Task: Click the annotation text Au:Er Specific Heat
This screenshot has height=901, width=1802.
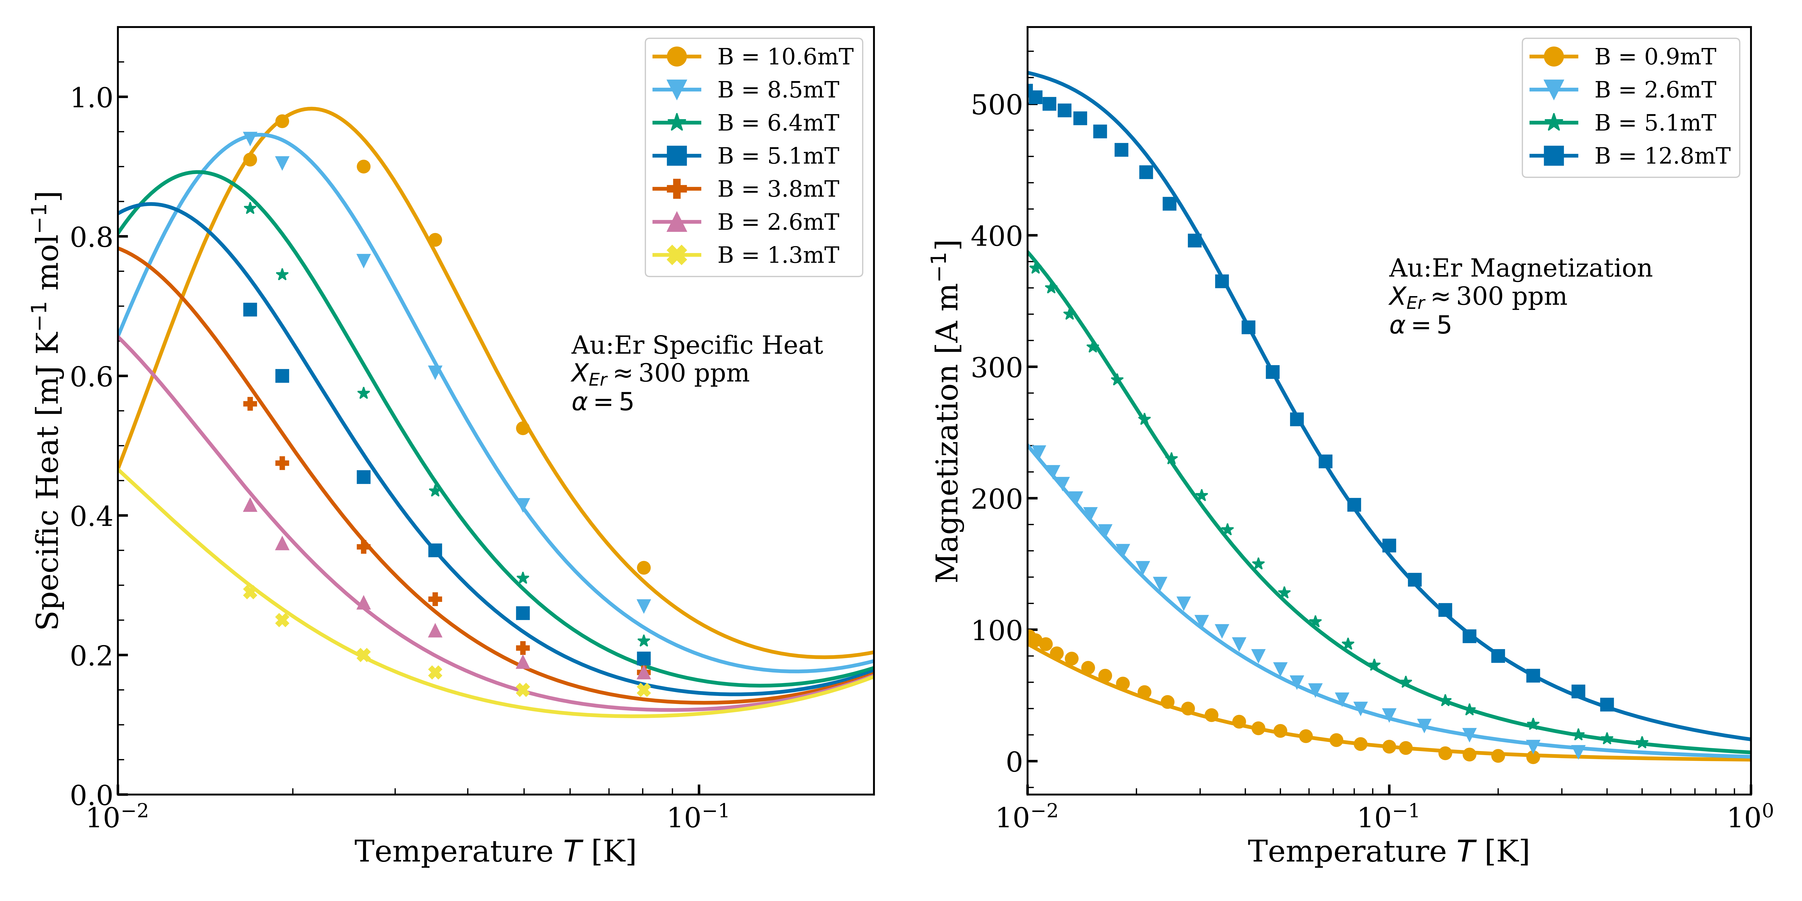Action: click(697, 345)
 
